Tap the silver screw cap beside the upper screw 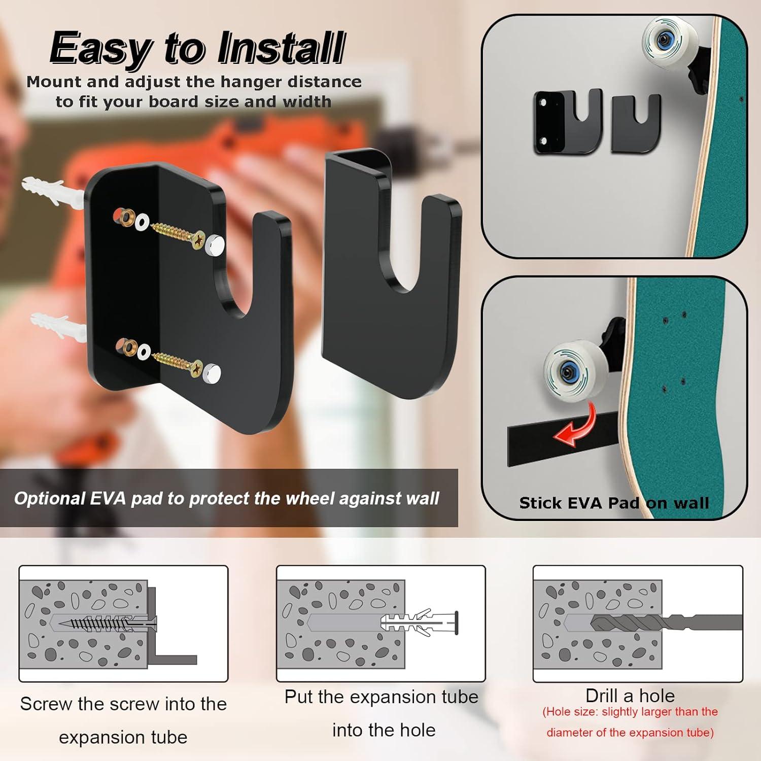point(216,245)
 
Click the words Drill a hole point(630,696)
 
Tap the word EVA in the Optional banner point(108,499)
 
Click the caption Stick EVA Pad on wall point(614,503)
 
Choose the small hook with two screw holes point(567,122)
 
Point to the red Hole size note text point(630,722)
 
